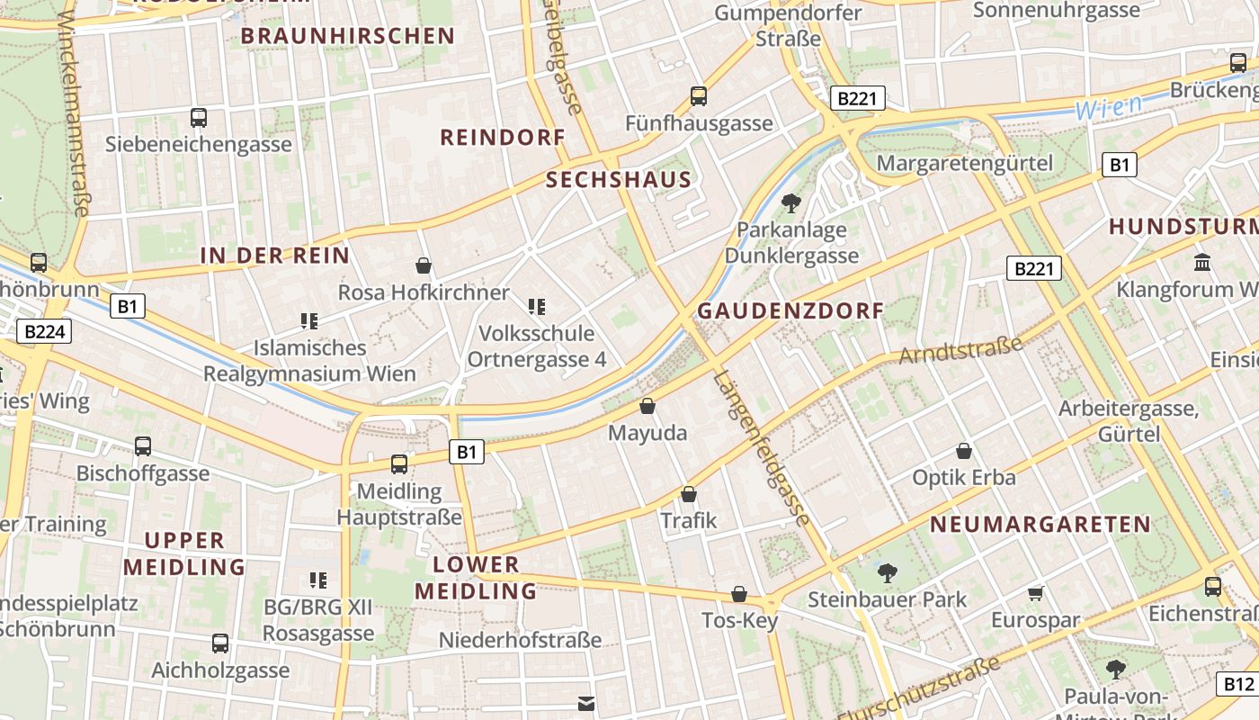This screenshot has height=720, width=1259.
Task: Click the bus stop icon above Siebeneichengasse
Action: (199, 118)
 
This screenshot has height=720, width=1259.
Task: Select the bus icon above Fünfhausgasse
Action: (699, 96)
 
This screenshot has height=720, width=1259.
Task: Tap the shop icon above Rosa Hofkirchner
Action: (424, 265)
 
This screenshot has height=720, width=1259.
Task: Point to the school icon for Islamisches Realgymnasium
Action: (309, 320)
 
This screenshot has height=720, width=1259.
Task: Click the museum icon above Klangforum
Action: (1202, 262)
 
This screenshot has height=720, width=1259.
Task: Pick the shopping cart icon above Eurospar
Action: (1035, 593)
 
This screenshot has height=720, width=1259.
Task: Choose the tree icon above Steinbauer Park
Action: (887, 571)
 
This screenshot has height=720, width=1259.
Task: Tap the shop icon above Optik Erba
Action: (964, 450)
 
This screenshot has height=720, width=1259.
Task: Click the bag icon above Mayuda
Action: (647, 406)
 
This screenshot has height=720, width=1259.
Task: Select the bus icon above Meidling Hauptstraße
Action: (399, 464)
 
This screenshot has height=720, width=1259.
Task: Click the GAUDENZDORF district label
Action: (790, 311)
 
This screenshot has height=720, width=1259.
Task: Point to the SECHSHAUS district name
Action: (619, 180)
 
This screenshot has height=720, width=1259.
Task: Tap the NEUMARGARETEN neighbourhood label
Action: (1040, 525)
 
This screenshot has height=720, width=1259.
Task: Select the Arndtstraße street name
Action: (961, 349)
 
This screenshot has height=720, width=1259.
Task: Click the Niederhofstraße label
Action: (520, 640)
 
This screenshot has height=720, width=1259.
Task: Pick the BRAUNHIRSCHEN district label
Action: (348, 36)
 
